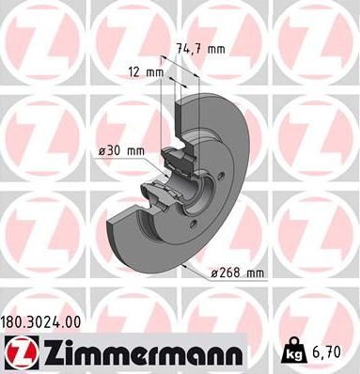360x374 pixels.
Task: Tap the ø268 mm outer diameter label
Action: [238, 273]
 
